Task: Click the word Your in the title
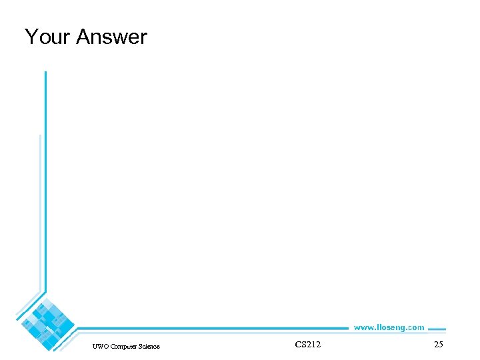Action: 47,37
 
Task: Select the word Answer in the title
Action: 111,37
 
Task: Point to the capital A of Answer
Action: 83,37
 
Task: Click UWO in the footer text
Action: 101,346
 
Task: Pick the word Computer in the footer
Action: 125,346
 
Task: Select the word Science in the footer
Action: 150,346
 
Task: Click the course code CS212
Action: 307,345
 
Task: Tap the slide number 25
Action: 438,345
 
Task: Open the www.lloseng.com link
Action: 389,327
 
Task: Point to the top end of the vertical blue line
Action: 45,73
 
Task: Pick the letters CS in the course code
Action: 299,345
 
